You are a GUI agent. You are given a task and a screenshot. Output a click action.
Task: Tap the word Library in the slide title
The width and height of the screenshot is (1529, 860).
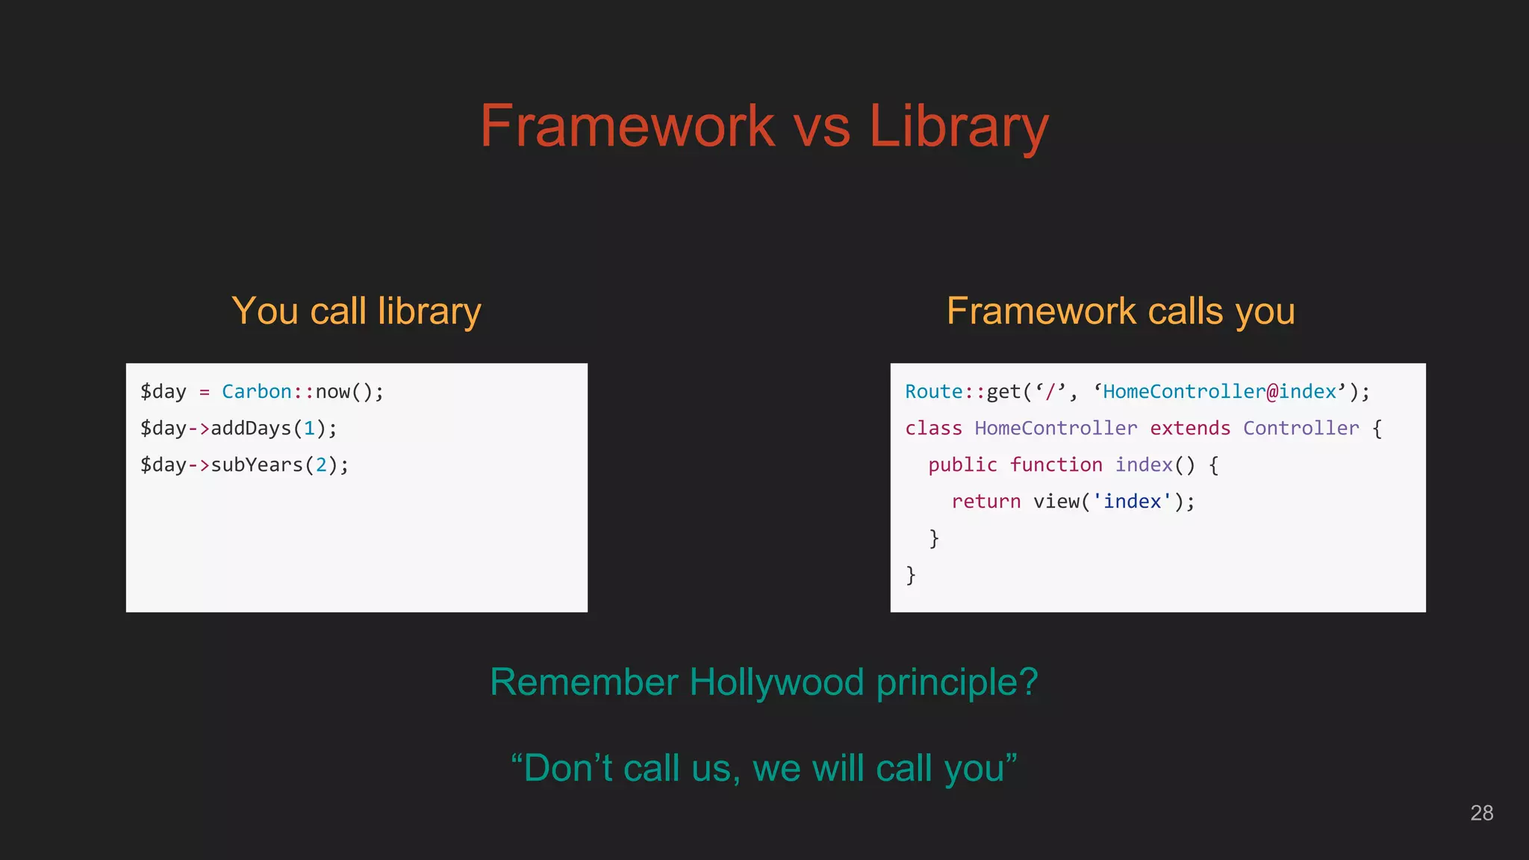(x=959, y=127)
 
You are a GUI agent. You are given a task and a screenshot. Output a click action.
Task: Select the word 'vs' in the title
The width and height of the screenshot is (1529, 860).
(x=821, y=127)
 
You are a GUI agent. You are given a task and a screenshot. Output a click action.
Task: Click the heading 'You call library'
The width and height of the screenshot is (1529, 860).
(x=356, y=311)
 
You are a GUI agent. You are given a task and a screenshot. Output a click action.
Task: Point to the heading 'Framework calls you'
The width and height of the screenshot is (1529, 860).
(x=1121, y=311)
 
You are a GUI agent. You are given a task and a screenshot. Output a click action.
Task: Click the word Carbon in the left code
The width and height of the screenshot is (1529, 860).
(x=256, y=392)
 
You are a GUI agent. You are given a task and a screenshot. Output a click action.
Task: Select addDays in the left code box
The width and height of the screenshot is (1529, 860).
(x=251, y=429)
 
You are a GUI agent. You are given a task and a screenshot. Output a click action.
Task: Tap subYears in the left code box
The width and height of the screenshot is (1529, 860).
(x=257, y=465)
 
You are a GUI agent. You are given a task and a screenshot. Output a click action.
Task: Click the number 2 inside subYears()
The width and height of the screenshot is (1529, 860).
(x=321, y=465)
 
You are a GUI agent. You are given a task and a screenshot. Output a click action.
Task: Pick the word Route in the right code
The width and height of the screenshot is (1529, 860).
(x=933, y=392)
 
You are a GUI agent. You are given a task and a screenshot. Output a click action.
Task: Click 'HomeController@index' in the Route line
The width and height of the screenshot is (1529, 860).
(x=1219, y=392)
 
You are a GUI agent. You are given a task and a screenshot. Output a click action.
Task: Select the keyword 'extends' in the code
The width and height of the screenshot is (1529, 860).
(x=1189, y=429)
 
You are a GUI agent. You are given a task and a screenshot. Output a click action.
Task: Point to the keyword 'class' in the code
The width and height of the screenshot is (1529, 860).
(x=933, y=429)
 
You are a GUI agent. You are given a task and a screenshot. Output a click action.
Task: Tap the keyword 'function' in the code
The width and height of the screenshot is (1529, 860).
(x=1056, y=465)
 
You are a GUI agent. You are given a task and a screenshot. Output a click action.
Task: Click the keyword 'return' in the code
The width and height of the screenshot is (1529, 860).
(x=985, y=502)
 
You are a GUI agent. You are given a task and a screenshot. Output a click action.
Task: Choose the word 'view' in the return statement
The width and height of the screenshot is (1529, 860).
(x=1056, y=502)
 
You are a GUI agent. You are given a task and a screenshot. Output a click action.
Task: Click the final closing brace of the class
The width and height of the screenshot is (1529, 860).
(x=910, y=575)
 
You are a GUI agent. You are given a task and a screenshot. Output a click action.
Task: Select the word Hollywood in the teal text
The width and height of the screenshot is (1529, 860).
(x=776, y=682)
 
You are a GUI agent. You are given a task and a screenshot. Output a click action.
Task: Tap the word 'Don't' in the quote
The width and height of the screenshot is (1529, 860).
(x=567, y=768)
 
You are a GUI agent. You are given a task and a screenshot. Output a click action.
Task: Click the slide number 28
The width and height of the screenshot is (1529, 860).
(x=1481, y=813)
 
